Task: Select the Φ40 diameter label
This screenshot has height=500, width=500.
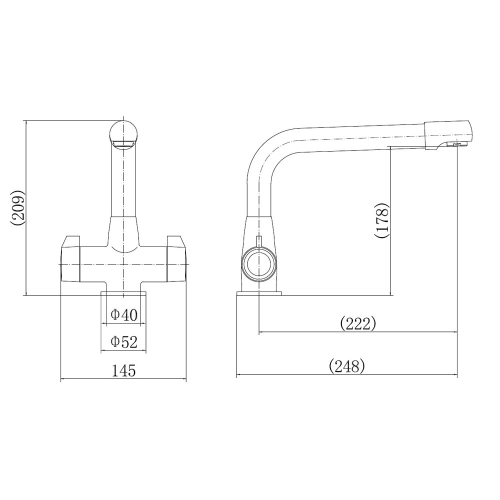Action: coord(123,315)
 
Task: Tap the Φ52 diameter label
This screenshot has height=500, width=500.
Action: coord(123,342)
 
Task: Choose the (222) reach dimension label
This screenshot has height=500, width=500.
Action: coord(357,324)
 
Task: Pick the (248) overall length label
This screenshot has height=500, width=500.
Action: coord(347,366)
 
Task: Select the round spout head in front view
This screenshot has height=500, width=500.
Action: coord(123,132)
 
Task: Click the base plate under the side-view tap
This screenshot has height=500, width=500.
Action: coord(259,293)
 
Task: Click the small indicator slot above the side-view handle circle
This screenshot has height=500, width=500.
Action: coord(258,241)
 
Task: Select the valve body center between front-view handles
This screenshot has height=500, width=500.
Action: coord(123,262)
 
